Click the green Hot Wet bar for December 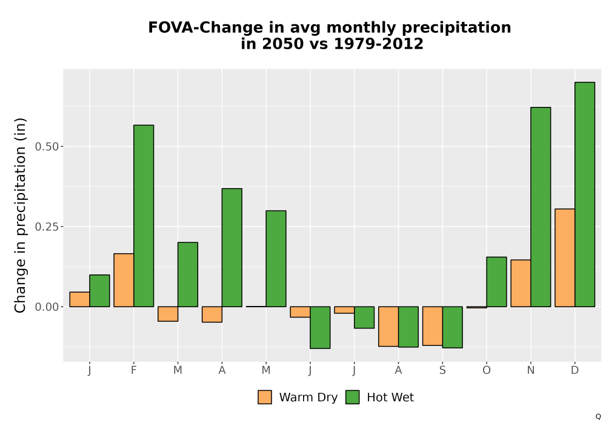coord(585,194)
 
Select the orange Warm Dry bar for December coord(565,258)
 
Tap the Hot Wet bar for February coord(144,216)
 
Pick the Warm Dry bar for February coord(124,280)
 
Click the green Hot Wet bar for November coord(541,207)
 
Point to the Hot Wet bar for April coord(232,248)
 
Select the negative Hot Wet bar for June coord(320,327)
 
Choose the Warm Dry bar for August coord(388,326)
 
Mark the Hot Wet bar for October coord(497,282)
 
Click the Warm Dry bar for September coord(433,326)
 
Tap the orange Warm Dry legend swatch coord(265,397)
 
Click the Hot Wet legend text coord(390,397)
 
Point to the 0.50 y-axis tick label coord(47,147)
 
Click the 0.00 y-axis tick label coord(47,307)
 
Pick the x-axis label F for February coord(134,370)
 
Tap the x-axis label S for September coord(442,370)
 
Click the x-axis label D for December coord(574,370)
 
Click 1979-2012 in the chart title coord(378,44)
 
